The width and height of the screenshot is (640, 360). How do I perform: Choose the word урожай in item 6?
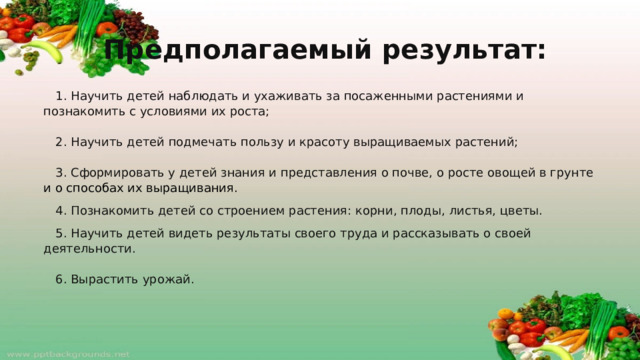(x=168, y=279)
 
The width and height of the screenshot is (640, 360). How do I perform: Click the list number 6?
(x=61, y=279)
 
